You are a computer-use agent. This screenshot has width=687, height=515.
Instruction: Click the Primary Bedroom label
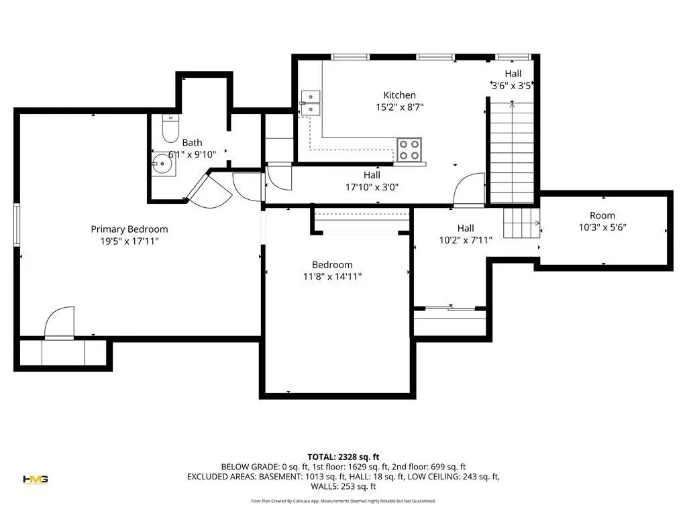coord(129,229)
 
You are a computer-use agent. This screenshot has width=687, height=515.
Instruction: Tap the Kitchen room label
coord(400,95)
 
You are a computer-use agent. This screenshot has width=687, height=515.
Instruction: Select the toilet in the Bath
coord(170,128)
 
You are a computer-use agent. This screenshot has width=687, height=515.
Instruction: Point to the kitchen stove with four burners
coord(409,150)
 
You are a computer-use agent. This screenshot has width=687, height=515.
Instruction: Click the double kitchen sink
coord(311,103)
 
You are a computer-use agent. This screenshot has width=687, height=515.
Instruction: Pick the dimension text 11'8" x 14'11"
coord(333,276)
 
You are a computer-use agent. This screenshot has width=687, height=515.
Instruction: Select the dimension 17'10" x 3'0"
coord(372,187)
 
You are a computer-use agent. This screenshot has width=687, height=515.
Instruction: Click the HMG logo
coord(36,479)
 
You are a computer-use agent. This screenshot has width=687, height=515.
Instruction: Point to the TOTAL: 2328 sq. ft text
coord(343,457)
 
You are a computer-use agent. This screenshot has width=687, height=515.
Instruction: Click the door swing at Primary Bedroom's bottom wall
coord(60,323)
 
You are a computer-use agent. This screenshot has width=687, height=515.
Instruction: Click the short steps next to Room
coord(521,223)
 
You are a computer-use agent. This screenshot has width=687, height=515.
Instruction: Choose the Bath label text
coord(193,143)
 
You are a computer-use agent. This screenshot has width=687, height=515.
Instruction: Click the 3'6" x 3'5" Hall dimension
coord(512,85)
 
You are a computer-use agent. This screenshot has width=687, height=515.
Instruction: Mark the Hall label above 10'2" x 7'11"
coord(466,228)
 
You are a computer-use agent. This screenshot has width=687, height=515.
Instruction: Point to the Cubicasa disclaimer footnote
coord(343,501)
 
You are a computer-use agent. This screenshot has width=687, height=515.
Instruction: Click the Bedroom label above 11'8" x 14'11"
coord(332,264)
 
